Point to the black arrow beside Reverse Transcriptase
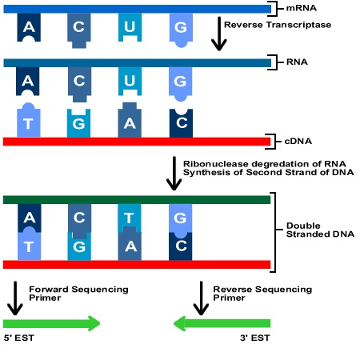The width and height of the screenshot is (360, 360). pos(218,35)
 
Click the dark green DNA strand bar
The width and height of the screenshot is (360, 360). pos(137,198)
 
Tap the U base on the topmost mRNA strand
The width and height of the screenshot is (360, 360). pos(130,28)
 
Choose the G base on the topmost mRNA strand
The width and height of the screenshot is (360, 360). pos(181,28)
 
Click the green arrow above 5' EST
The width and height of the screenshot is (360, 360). pos(52,323)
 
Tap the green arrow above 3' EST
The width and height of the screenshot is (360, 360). pos(222,323)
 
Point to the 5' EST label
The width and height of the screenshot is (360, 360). pos(19,339)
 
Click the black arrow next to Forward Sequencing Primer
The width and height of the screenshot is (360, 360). pos(14,296)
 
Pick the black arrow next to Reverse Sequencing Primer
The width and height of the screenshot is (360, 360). pos(197,296)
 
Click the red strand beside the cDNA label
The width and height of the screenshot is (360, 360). pos(137,142)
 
